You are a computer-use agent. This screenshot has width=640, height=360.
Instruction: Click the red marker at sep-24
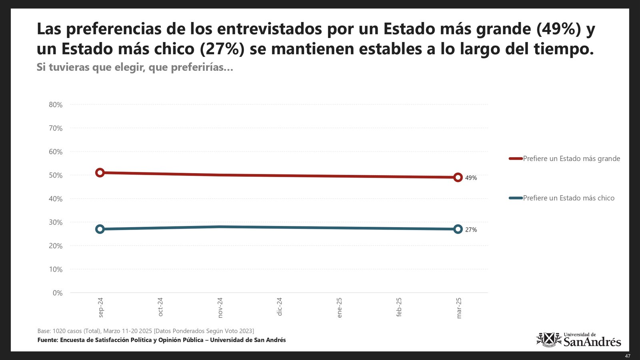(100, 173)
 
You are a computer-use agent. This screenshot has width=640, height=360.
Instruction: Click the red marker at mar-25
(458, 177)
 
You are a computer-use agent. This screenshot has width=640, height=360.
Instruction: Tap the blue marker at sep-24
(100, 229)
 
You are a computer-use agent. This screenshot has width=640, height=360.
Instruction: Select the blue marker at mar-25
(458, 229)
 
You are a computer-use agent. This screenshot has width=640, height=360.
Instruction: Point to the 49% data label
(471, 178)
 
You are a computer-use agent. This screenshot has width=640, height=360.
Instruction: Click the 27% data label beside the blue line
(471, 230)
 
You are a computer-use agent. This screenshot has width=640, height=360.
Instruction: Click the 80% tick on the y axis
(56, 105)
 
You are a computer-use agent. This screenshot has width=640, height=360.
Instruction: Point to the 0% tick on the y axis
(58, 293)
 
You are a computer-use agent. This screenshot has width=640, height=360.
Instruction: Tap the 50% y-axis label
(56, 176)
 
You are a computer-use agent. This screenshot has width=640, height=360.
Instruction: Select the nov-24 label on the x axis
(220, 308)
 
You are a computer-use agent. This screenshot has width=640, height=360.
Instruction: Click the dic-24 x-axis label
(280, 307)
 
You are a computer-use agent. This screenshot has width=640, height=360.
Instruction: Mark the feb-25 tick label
(399, 307)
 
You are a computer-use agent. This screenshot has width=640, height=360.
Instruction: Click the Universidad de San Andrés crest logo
(549, 340)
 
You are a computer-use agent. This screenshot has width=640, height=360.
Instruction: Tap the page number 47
(627, 356)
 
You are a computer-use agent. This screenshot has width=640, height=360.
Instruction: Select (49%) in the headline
(558, 29)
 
